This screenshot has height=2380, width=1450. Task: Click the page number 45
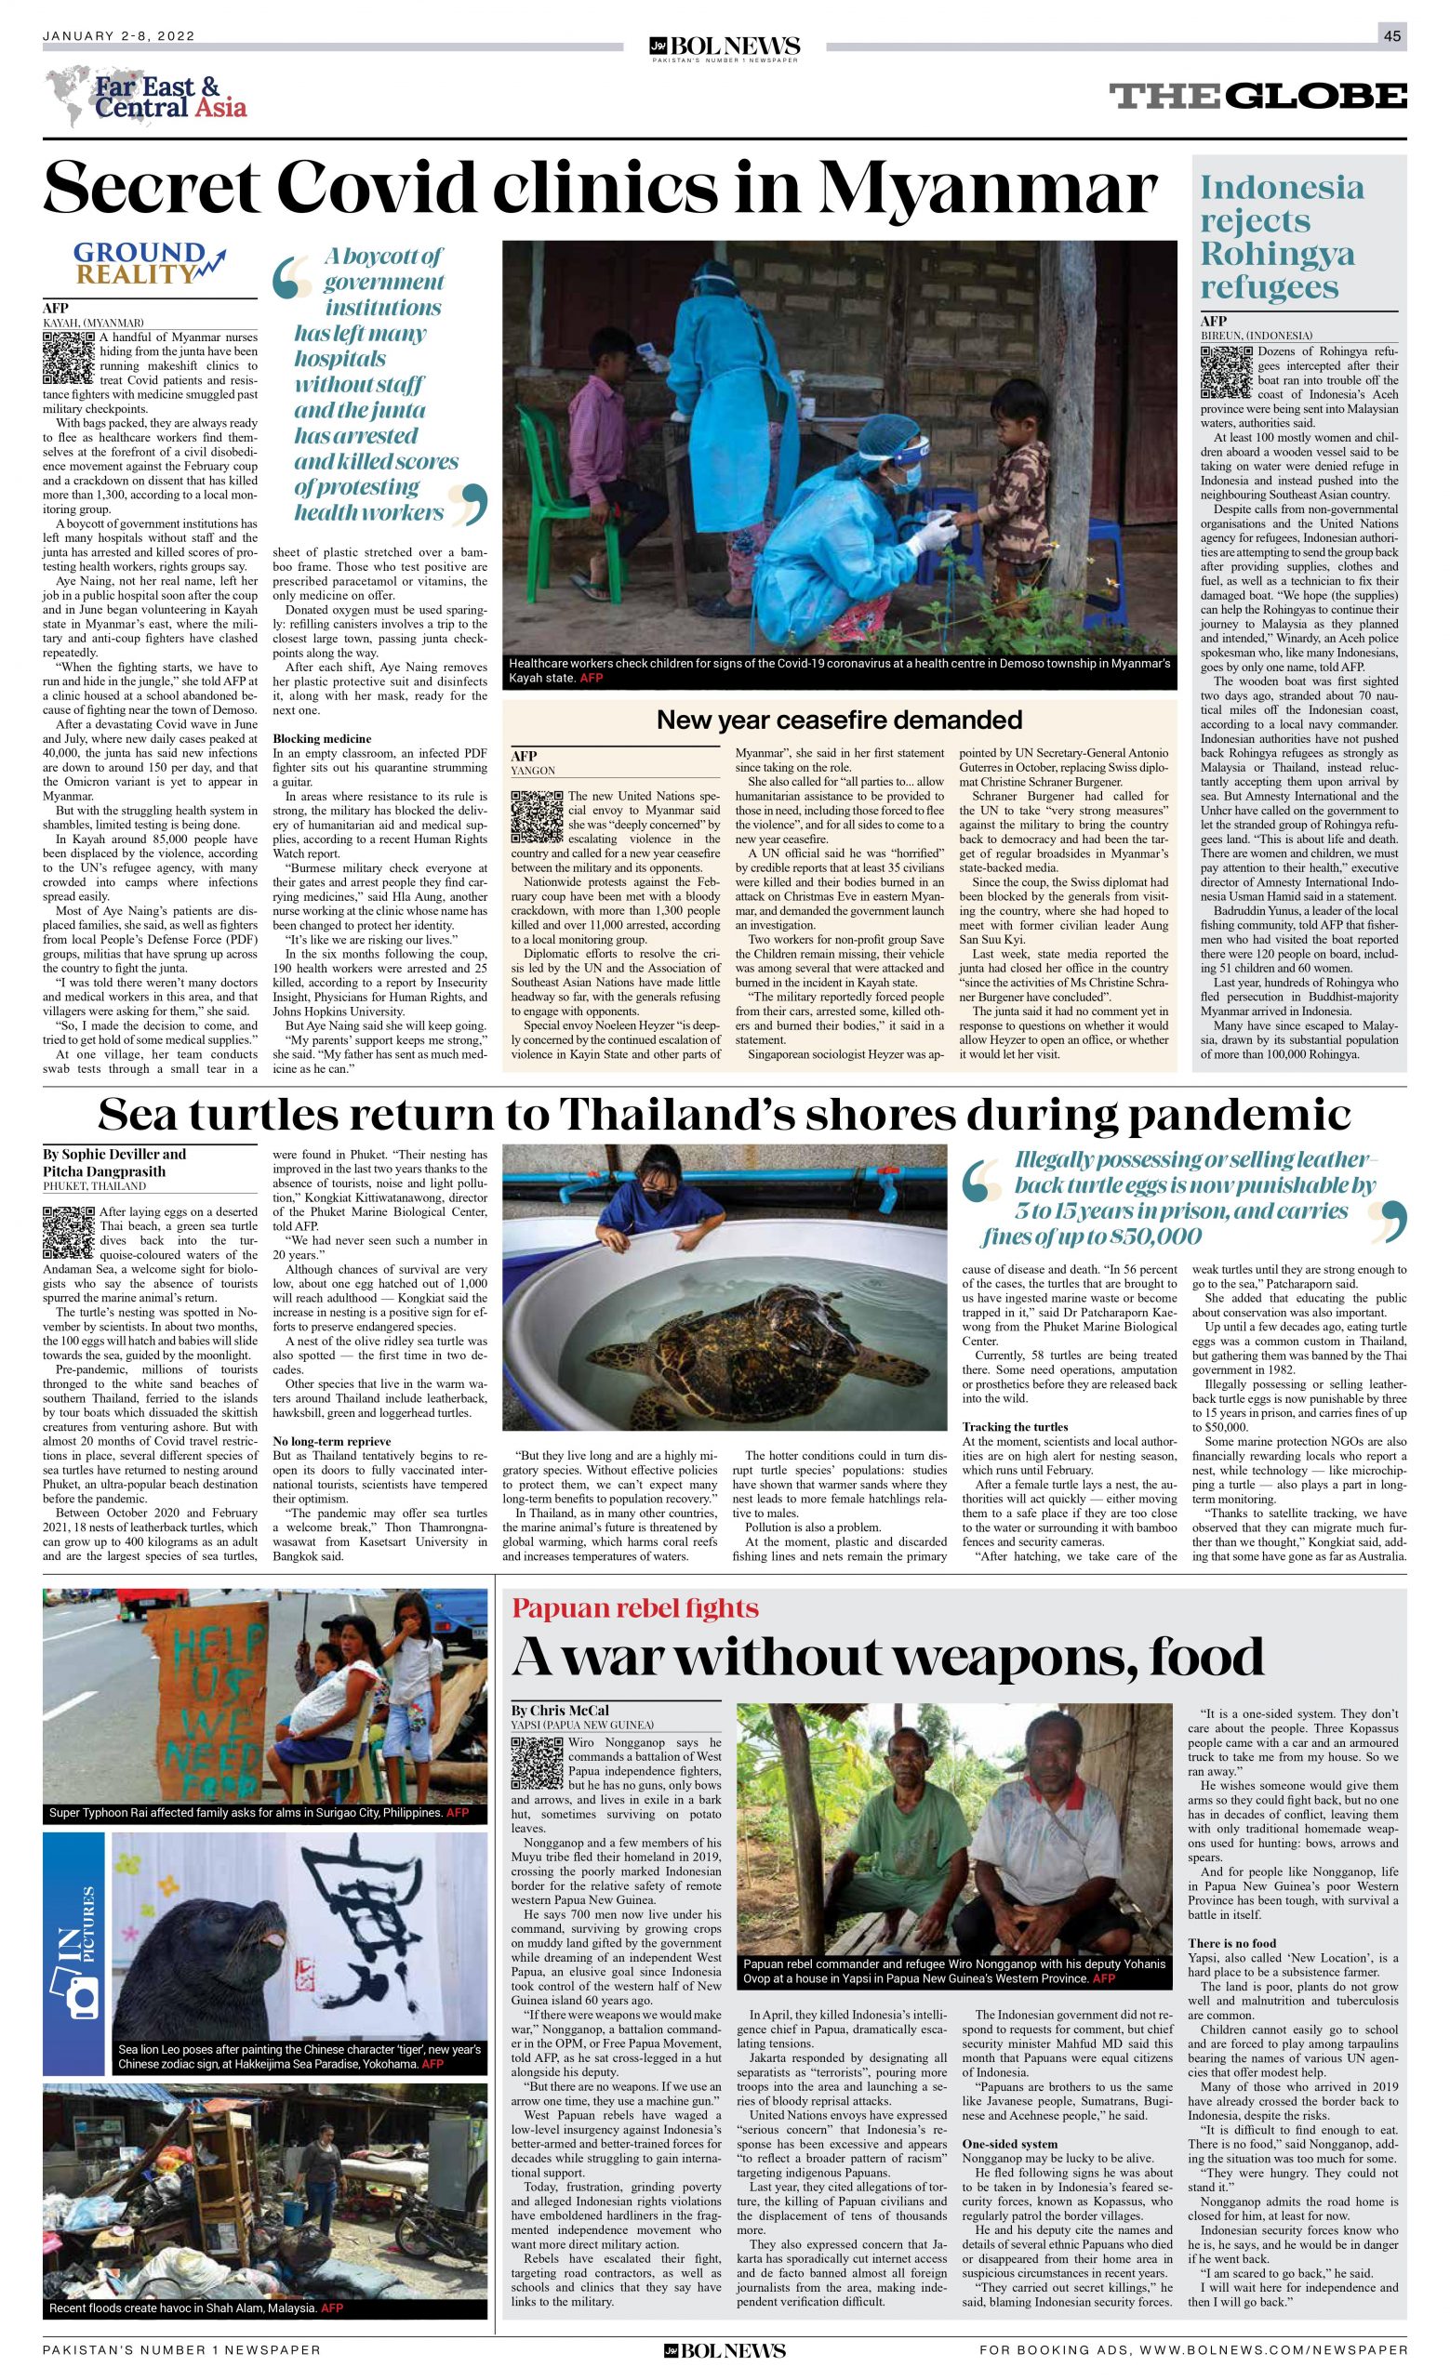pos(1391,35)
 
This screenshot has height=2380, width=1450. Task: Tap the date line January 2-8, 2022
pos(119,35)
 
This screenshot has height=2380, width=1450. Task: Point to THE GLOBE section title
pos(1257,96)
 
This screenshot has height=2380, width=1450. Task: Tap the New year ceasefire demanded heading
pos(839,720)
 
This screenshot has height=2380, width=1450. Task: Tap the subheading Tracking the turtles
pos(1015,1427)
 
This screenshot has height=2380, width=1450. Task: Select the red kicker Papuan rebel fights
pos(634,1608)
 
